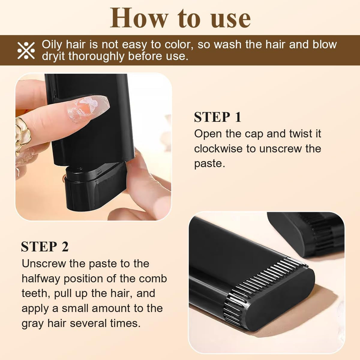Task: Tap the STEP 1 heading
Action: pos(217,117)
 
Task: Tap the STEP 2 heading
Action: pos(45,247)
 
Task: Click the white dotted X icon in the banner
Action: pos(26,50)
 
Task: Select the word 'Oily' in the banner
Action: pos(52,44)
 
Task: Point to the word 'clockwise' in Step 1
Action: pos(218,148)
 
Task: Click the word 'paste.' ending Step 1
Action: pos(209,164)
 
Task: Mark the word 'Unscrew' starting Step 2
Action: pos(43,263)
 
